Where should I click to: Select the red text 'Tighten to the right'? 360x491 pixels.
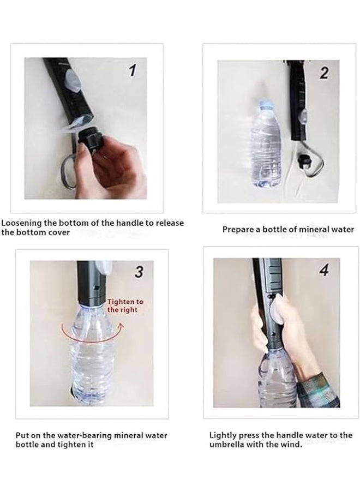click(125, 305)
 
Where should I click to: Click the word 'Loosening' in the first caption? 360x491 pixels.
click(22, 223)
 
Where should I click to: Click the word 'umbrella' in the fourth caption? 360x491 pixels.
click(228, 445)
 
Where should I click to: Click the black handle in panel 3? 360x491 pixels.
click(89, 284)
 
